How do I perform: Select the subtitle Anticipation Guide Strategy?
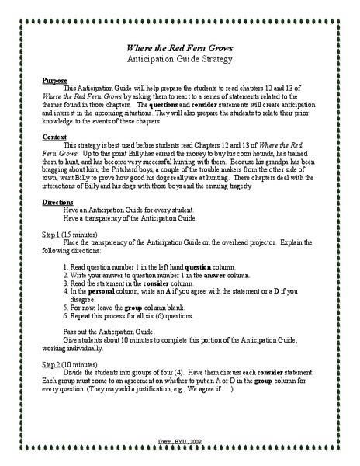point(179,59)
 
